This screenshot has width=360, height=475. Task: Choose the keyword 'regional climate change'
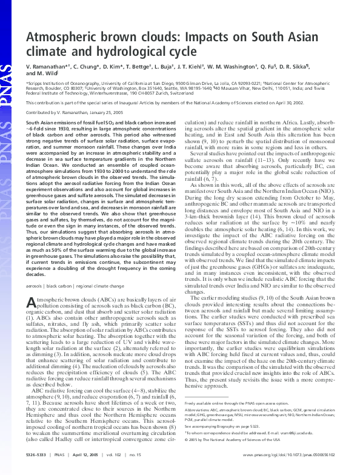[107, 285]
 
